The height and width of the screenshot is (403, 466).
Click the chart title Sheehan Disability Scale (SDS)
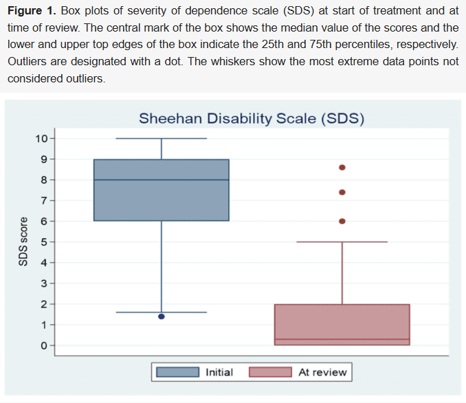[x=251, y=118]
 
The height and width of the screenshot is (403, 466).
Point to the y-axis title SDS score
[x=23, y=242]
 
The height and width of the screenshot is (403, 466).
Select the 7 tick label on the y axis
[x=43, y=200]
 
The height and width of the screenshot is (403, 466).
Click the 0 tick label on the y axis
[x=43, y=345]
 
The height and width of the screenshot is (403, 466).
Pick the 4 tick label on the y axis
[x=43, y=262]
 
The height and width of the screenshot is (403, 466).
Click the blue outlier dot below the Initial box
[x=162, y=316]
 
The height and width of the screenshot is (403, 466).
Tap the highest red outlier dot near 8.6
[x=342, y=168]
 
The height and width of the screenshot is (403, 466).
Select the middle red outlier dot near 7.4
[x=342, y=193]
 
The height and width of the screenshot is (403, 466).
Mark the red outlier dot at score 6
[x=342, y=221]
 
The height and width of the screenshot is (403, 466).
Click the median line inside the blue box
[x=162, y=180]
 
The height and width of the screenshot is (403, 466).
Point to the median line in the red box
[x=342, y=339]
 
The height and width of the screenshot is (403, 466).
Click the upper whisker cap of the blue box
[x=162, y=139]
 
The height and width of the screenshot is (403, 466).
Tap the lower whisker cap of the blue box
[x=162, y=312]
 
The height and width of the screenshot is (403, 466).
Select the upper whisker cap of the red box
[x=342, y=242]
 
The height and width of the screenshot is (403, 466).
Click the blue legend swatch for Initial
[x=178, y=372]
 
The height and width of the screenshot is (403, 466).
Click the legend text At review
[x=322, y=372]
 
